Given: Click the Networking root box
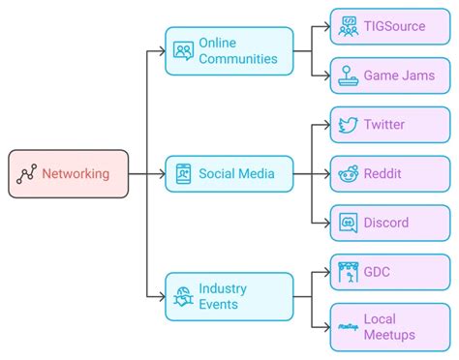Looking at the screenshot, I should (x=68, y=174).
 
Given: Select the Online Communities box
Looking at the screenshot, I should (x=229, y=51).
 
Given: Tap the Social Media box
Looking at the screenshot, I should (x=229, y=174).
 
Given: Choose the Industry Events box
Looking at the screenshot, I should (x=229, y=296).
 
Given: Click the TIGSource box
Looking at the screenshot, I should (x=390, y=26).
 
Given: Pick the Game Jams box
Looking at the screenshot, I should (x=390, y=75).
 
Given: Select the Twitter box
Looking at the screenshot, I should (x=390, y=125).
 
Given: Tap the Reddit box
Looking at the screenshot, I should (x=390, y=174).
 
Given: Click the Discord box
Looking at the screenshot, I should (x=390, y=223).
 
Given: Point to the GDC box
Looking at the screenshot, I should (x=390, y=272).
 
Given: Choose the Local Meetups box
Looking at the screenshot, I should (x=390, y=326).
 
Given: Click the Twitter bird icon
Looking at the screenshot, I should (x=347, y=125).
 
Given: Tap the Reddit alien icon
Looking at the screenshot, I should (x=347, y=174).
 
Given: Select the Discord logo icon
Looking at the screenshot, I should (x=347, y=224).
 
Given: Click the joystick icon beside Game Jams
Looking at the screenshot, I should (x=347, y=75).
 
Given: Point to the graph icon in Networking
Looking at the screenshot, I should (x=27, y=174).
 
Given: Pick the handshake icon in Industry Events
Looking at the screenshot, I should (x=182, y=297).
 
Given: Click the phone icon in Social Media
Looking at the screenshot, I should (x=182, y=174).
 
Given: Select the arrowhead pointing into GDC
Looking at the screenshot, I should (x=324, y=272).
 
